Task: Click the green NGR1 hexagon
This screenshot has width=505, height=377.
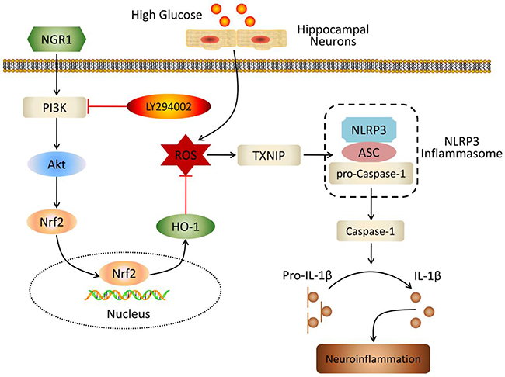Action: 56,36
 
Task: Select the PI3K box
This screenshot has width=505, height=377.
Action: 55,102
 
